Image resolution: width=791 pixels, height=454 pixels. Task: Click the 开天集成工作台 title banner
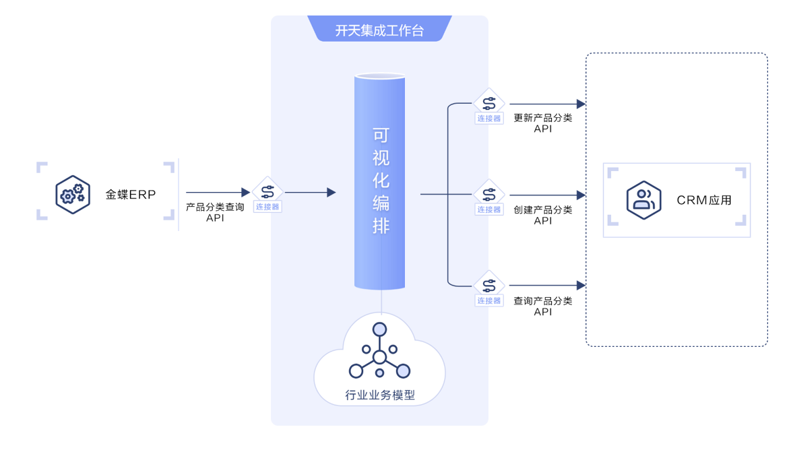(x=379, y=30)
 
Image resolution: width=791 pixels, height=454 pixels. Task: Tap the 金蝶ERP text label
(x=130, y=195)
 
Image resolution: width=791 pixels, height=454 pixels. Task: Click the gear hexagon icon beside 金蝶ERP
(x=73, y=195)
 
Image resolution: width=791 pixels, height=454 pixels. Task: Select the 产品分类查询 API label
(x=215, y=212)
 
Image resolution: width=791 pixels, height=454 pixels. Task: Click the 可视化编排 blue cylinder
(x=379, y=182)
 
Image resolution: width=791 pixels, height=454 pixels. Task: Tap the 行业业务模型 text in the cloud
(x=380, y=395)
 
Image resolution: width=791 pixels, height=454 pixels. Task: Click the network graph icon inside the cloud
(x=379, y=351)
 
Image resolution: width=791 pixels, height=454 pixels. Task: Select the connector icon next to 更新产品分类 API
(x=489, y=102)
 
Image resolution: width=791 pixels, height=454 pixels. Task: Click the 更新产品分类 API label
(x=543, y=123)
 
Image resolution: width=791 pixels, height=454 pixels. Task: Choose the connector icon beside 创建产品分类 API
(x=489, y=193)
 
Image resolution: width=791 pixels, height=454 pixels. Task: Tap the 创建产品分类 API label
(x=543, y=214)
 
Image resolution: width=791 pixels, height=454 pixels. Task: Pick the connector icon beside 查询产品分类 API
(x=489, y=285)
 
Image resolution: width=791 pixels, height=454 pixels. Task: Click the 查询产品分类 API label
(x=543, y=306)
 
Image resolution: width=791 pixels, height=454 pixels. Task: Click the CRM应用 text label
(x=704, y=200)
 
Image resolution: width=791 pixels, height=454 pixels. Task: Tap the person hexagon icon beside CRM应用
(x=643, y=200)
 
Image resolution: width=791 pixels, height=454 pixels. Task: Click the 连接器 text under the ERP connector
(x=267, y=207)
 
